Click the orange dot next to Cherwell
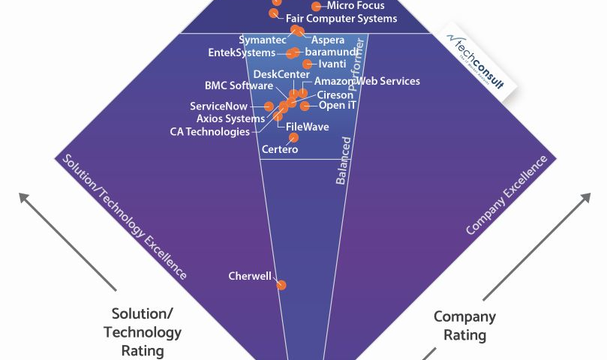tap(281, 285)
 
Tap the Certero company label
tap(280, 149)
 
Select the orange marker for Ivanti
tap(307, 64)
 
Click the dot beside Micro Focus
tap(316, 6)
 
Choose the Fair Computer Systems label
tap(331, 18)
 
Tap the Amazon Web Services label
tap(367, 81)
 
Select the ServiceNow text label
tap(218, 106)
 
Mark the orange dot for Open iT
tap(305, 106)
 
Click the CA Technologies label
tap(210, 132)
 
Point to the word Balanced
tap(344, 160)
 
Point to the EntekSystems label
tap(242, 53)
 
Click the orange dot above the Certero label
tap(293, 137)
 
